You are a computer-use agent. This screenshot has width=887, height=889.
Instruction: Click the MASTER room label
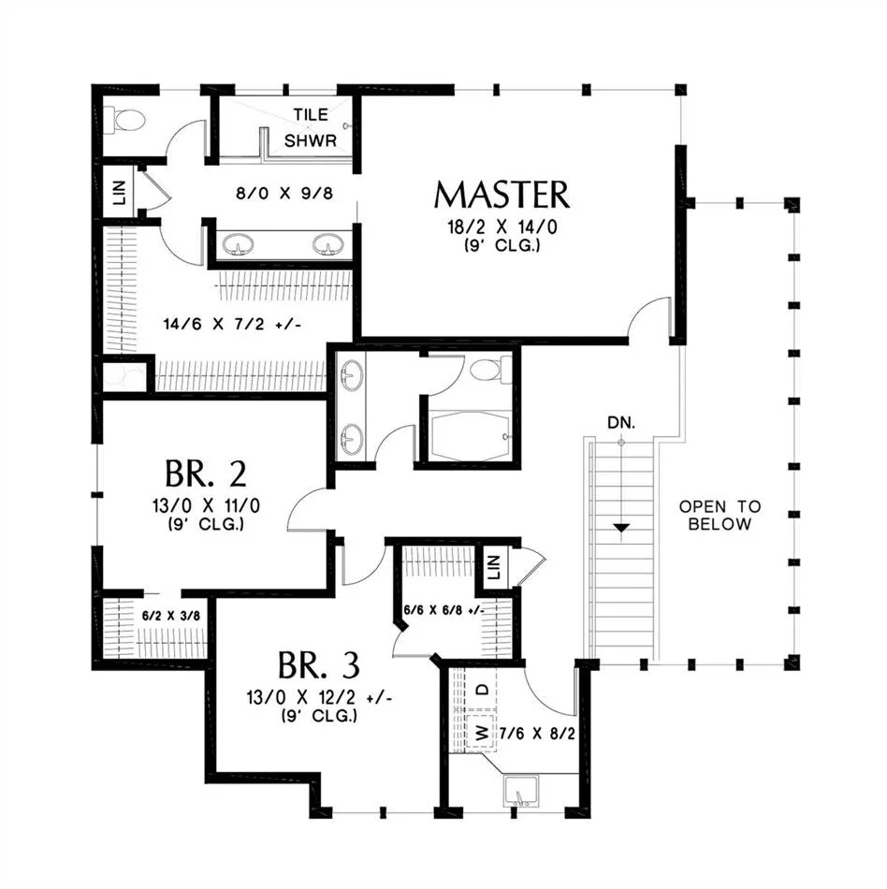502,195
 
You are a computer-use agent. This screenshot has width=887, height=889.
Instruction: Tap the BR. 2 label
206,474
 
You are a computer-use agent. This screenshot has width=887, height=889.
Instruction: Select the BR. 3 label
318,665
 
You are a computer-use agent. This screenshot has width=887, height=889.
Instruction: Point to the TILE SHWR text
311,127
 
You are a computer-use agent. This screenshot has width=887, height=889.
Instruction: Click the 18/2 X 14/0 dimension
502,227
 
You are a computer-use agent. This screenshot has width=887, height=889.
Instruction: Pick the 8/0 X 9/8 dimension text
284,194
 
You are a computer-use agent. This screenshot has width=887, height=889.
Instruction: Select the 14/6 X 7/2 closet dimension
232,325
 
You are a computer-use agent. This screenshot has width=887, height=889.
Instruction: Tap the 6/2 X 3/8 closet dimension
170,616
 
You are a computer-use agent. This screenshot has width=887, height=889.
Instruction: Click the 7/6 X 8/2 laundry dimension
537,735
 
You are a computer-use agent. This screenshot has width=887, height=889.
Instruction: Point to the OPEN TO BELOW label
720,516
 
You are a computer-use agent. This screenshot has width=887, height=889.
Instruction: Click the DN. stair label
621,422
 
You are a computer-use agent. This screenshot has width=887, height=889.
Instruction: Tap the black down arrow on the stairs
622,528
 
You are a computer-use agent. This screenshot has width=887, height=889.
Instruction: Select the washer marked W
482,734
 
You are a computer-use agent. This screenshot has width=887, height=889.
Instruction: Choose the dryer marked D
482,690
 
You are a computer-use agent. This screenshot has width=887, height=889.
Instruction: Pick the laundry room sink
521,792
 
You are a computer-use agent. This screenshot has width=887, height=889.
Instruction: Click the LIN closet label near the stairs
494,566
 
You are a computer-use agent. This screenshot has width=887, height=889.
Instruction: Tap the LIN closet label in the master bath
120,193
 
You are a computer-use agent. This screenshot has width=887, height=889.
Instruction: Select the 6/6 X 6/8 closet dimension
444,611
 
